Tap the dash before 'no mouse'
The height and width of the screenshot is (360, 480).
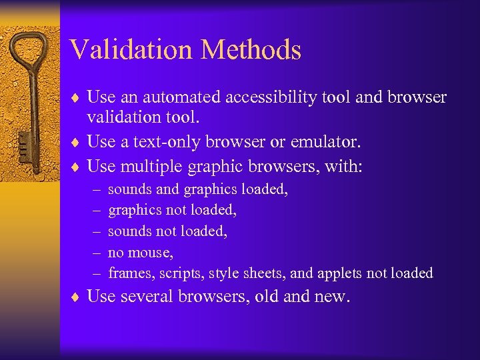(97, 253)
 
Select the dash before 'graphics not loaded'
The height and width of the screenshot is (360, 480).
(97, 210)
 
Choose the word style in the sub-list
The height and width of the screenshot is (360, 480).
(223, 273)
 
